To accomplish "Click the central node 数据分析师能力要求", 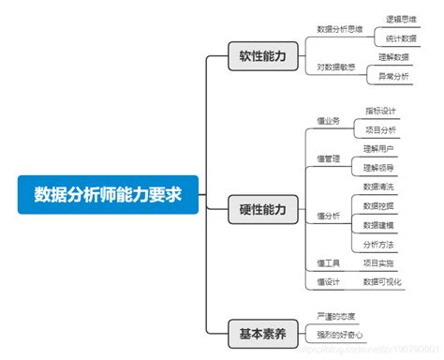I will [107, 194].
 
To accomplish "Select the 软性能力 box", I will [264, 57].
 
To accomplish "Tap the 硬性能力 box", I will [264, 209].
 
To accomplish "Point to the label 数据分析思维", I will [341, 28].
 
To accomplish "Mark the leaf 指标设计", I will [380, 112].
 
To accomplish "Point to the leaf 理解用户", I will [378, 148].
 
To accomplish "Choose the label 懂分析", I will [329, 216].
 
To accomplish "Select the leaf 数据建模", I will [378, 225].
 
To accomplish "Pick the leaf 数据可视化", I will [382, 281].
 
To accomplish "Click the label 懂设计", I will [328, 281].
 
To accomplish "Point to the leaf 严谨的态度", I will [337, 316].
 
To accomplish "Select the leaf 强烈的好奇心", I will [340, 335].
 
